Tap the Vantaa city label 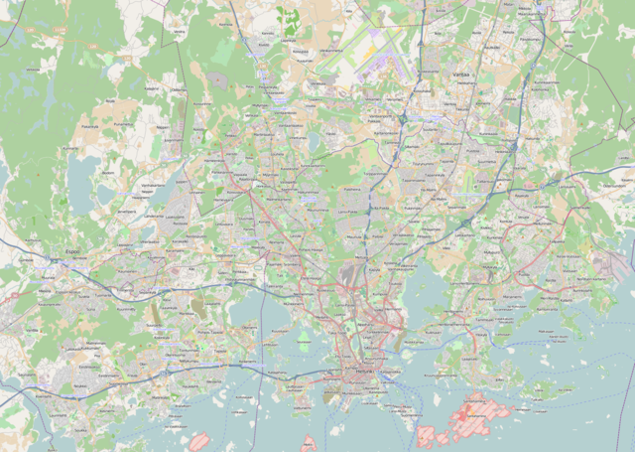coord(459,75)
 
